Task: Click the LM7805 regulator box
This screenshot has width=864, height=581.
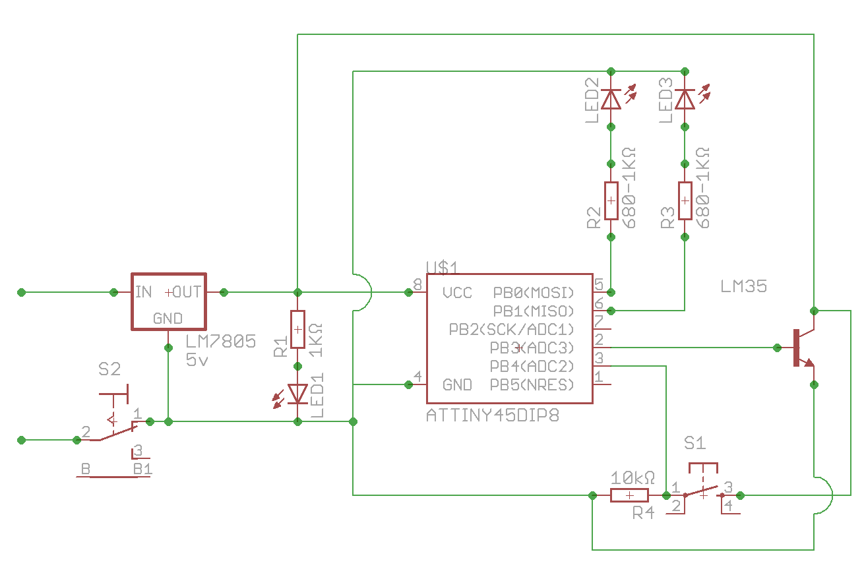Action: [x=168, y=301]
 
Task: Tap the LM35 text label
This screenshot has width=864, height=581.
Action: [x=743, y=287]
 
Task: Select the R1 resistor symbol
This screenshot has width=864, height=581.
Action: [x=297, y=329]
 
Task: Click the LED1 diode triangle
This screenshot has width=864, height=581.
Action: [x=297, y=394]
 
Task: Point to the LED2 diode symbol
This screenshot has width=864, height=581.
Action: [x=611, y=99]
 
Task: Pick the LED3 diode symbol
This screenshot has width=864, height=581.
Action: [x=685, y=99]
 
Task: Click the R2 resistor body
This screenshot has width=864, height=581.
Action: [x=611, y=200]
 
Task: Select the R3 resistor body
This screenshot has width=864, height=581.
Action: [x=685, y=200]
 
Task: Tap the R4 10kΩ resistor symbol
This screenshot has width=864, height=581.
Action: [x=629, y=495]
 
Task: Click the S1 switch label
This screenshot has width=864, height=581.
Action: [x=694, y=443]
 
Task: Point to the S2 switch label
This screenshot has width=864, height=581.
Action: [x=109, y=369]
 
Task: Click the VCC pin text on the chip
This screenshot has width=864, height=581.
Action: [x=457, y=293]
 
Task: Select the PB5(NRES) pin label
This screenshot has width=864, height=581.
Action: [x=532, y=384]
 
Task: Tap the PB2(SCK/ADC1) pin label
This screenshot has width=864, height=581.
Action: [x=512, y=329]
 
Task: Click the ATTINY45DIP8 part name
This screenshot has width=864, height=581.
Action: [x=492, y=416]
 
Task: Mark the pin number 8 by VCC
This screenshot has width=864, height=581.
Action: [x=417, y=284]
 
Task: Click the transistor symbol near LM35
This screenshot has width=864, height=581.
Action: [x=800, y=348]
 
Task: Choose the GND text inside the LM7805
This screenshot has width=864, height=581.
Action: [x=168, y=319]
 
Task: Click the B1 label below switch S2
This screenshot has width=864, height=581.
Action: [x=142, y=469]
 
